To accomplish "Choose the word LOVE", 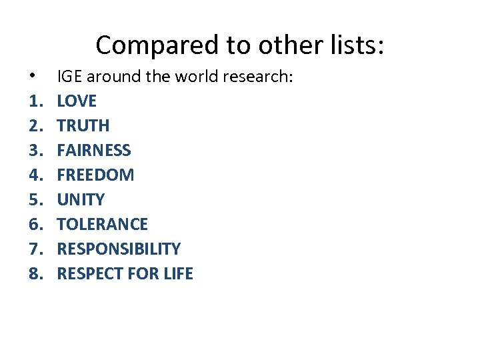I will tap(77, 101).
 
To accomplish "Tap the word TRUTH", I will tap(83, 126).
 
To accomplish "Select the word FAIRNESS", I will tap(94, 151).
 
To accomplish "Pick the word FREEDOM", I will tap(95, 175).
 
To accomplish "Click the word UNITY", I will tap(81, 200).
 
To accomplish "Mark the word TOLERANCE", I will tap(102, 225).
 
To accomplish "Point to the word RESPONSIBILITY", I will tap(119, 249).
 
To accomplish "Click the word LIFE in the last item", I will tap(178, 274).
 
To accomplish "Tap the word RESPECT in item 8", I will tap(85, 274).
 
